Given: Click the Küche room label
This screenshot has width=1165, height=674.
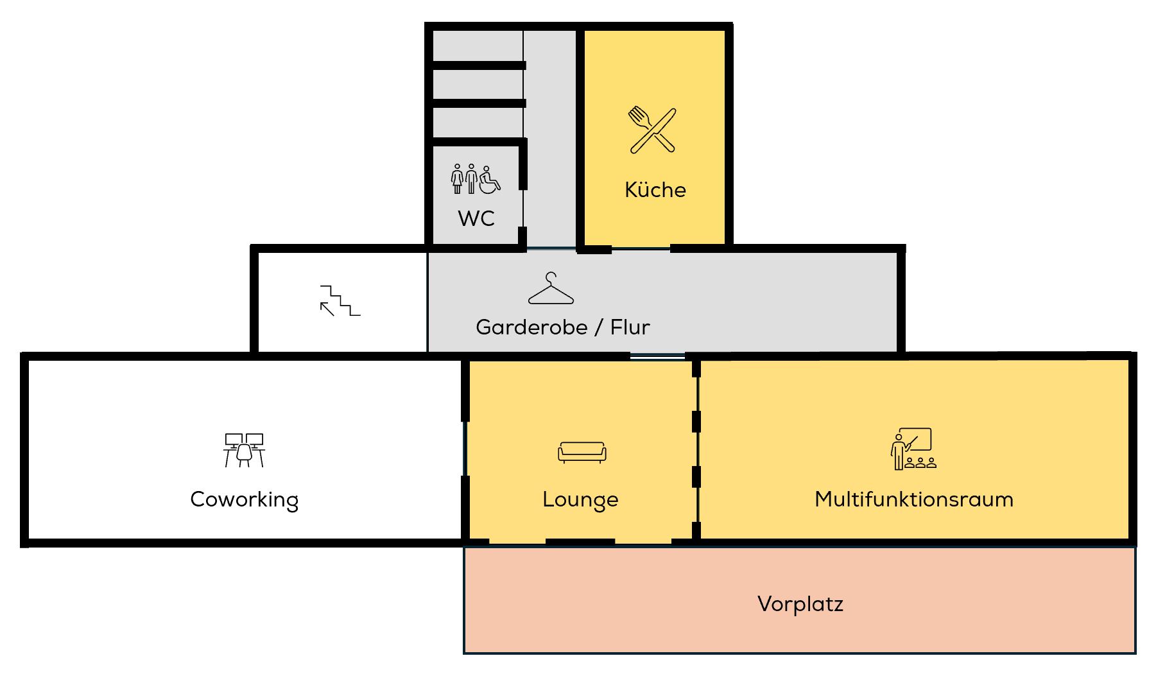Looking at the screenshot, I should tap(655, 190).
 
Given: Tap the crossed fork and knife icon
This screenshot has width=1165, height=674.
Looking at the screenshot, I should tap(652, 130).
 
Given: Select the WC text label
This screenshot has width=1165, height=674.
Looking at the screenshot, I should tap(476, 218).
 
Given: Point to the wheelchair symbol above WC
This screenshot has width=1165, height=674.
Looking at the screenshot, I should tap(490, 180).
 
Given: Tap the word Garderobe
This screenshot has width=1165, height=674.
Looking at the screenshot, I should tap(531, 327).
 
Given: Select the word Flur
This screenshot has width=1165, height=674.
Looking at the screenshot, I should tap(630, 327).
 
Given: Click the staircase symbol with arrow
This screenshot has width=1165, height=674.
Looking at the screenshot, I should tap(340, 301).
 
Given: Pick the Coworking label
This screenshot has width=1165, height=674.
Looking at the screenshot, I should tap(244, 500).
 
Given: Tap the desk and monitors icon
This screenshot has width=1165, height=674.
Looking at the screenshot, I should tap(244, 450).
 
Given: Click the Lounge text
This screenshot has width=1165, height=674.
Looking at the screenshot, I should tap(580, 500).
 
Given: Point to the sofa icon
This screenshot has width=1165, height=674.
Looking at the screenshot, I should tap(582, 452).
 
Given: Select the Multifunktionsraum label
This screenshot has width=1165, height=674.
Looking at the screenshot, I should tap(913, 499).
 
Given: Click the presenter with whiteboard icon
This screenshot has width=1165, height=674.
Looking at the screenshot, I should tap(913, 449).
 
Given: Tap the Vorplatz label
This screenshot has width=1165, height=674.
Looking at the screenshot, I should tap(800, 604).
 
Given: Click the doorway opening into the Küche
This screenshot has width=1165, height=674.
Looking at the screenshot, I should tap(641, 248).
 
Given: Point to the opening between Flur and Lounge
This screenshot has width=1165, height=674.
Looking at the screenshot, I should tap(657, 355).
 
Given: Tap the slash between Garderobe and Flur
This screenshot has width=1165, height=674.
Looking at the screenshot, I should tap(599, 327).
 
